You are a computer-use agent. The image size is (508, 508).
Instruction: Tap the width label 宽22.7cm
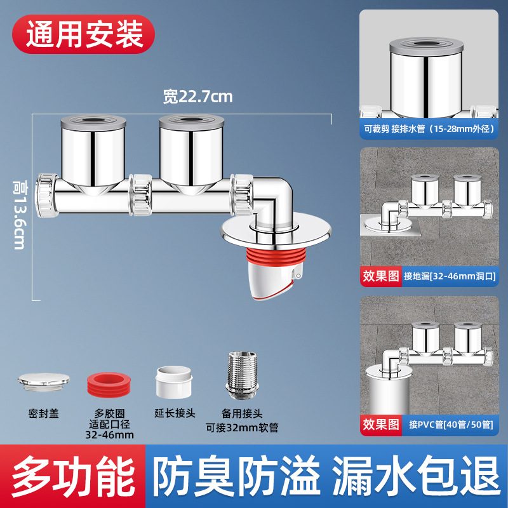point(197,97)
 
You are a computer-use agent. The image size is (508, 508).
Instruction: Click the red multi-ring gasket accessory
point(108,385)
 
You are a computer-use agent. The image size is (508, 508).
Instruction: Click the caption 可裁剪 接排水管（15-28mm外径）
point(429,128)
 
